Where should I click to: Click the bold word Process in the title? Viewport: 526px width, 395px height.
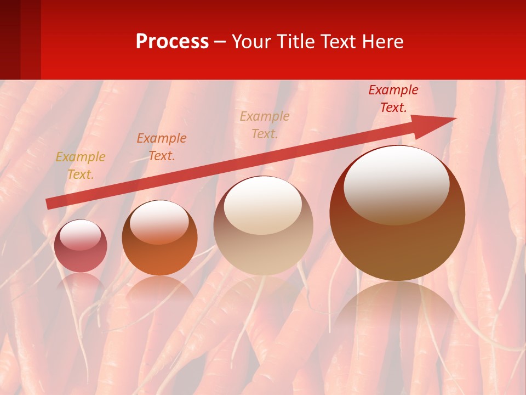(172, 42)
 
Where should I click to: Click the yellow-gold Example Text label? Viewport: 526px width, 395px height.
(81, 166)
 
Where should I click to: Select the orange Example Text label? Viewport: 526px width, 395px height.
(162, 147)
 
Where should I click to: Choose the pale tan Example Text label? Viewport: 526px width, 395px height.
(265, 125)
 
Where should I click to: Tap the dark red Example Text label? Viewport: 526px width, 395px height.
(393, 99)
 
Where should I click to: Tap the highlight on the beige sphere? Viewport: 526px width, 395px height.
(263, 205)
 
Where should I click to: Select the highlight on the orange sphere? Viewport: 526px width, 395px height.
(159, 221)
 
